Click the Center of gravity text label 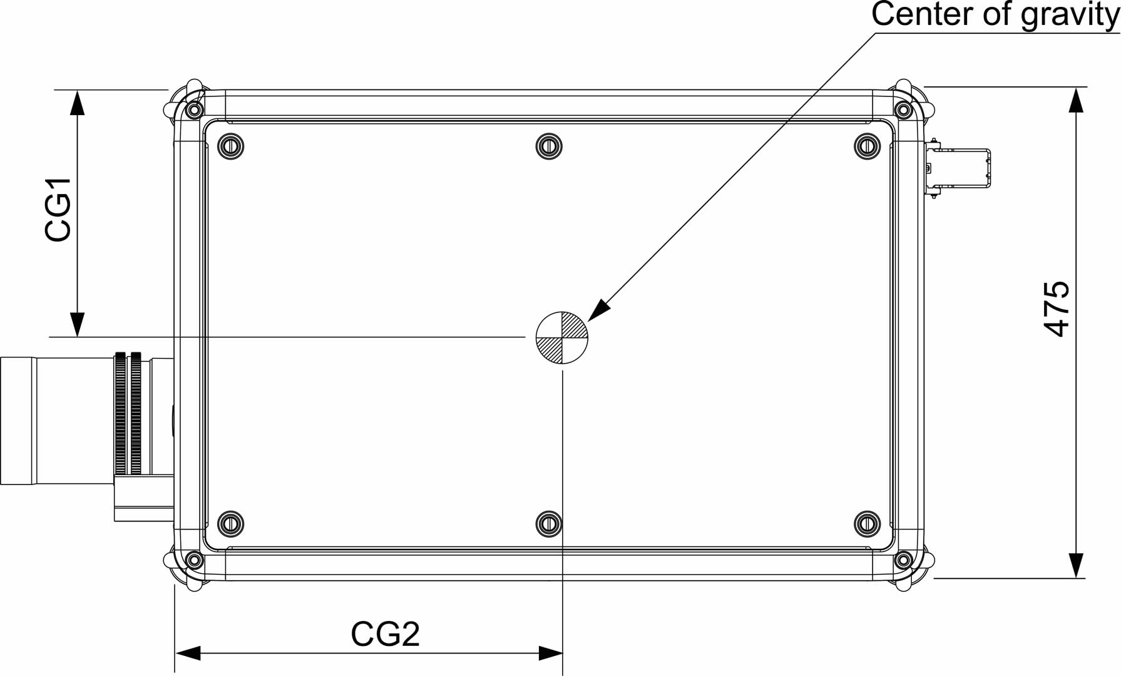(x=995, y=15)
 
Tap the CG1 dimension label (x=58, y=210)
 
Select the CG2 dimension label (x=385, y=634)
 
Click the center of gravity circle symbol (x=562, y=337)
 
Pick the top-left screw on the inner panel (x=230, y=146)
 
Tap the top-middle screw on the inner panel (x=549, y=146)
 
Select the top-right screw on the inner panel (x=867, y=146)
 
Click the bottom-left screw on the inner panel (x=230, y=523)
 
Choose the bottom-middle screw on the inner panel (x=549, y=523)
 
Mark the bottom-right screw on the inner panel (x=867, y=523)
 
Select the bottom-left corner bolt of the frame (x=194, y=559)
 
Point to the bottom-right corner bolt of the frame (x=903, y=559)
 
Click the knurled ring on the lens (x=128, y=413)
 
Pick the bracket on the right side (x=958, y=168)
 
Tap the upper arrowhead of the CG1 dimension (x=77, y=103)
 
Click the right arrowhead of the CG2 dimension (x=550, y=653)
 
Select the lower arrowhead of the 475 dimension (x=1075, y=565)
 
